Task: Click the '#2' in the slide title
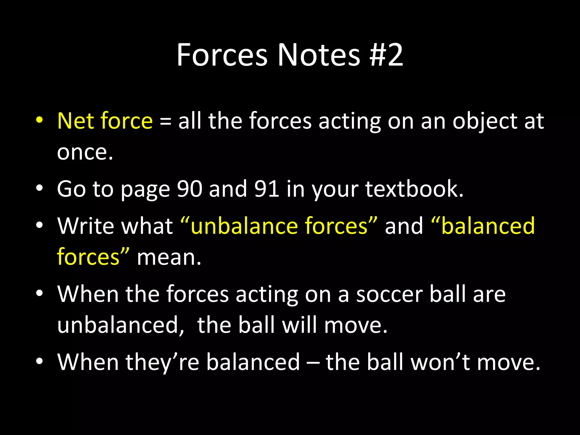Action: click(386, 55)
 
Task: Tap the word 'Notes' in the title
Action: click(319, 55)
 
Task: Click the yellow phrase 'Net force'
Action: click(105, 121)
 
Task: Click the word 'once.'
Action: click(85, 152)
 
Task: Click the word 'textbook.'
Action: click(414, 189)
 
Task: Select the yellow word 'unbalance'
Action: click(244, 226)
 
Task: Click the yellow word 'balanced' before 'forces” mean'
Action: click(488, 226)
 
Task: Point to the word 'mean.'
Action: click(169, 257)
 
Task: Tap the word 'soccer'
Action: click(389, 294)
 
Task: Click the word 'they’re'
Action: click(163, 362)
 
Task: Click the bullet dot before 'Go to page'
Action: click(39, 188)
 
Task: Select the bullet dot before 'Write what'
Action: click(39, 225)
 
